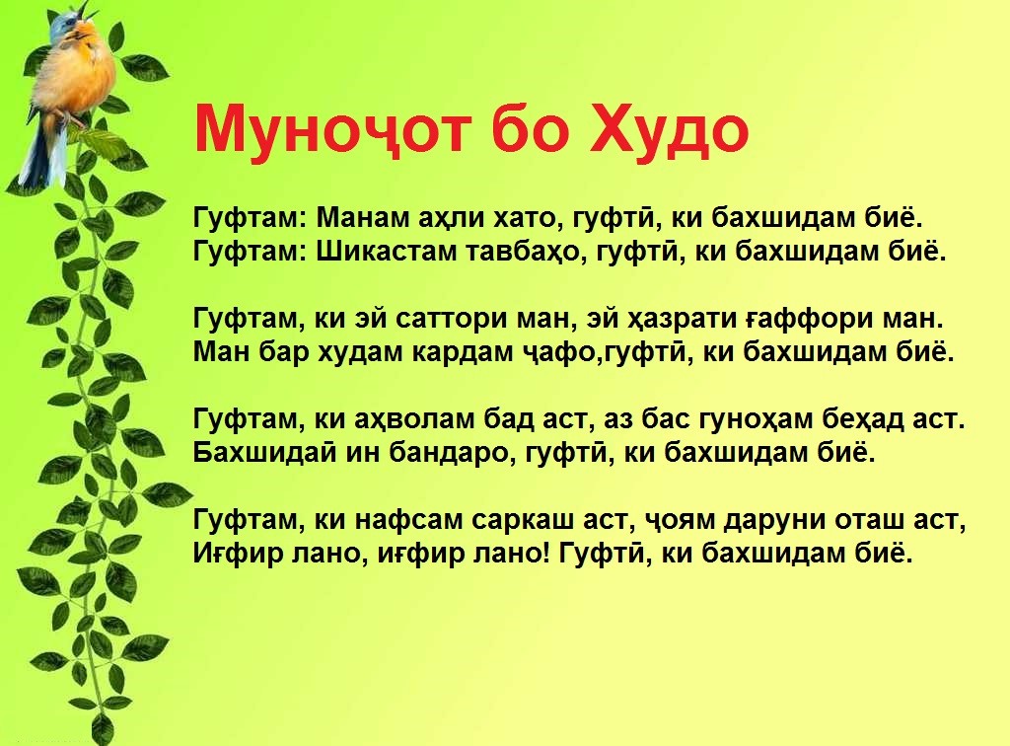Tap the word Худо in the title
pos(670,130)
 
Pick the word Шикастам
pos(386,252)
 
